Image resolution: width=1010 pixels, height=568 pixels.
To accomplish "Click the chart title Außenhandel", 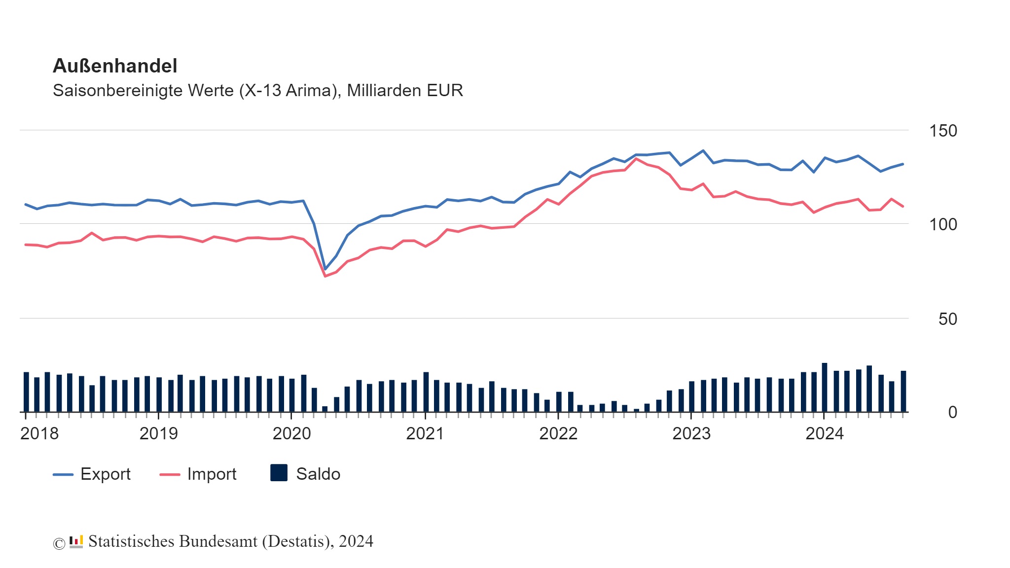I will pyautogui.click(x=115, y=66).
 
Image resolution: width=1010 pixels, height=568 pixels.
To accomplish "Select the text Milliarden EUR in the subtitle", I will pyautogui.click(x=405, y=91).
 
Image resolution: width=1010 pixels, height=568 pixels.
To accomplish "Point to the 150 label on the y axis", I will pyautogui.click(x=942, y=131).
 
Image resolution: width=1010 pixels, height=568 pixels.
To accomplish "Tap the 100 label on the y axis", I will pyautogui.click(x=942, y=224).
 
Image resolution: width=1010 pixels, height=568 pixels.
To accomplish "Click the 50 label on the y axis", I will pyautogui.click(x=947, y=319).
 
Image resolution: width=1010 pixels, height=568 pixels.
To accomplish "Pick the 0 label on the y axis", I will pyautogui.click(x=952, y=412).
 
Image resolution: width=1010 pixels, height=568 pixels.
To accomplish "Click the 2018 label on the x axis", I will pyautogui.click(x=39, y=433).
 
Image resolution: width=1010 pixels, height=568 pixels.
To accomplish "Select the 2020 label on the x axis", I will pyautogui.click(x=291, y=433).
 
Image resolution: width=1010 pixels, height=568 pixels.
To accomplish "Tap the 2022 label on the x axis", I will pyautogui.click(x=558, y=433).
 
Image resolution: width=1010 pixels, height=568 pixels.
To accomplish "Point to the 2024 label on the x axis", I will pyautogui.click(x=825, y=433).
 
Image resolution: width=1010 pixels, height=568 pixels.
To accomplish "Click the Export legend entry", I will pyautogui.click(x=92, y=474).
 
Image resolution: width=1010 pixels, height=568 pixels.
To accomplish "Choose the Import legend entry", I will pyautogui.click(x=198, y=474).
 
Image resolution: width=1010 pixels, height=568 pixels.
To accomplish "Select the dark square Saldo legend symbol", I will pyautogui.click(x=279, y=473).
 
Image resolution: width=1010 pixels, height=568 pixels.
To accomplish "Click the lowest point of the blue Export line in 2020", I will pyautogui.click(x=325, y=269).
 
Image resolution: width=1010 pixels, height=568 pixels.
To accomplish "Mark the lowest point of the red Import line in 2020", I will pyautogui.click(x=325, y=276).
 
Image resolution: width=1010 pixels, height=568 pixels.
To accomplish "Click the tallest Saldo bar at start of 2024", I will pyautogui.click(x=825, y=388).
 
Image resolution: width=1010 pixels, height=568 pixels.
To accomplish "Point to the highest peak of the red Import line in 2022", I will pyautogui.click(x=636, y=159).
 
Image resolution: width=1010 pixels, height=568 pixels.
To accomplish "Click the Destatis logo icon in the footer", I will pyautogui.click(x=76, y=542).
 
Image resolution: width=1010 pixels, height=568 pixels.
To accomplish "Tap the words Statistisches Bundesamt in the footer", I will pyautogui.click(x=173, y=541).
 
